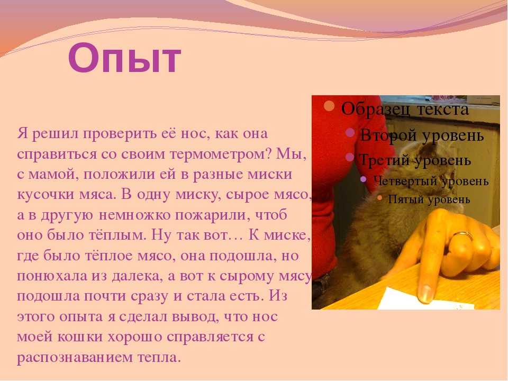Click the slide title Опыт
point(124,58)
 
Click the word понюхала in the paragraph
point(52,276)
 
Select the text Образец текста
point(405,109)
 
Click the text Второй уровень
point(422,135)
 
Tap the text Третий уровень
point(415,160)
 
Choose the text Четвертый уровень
point(431,181)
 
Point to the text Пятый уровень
point(429,199)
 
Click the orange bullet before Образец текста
point(329,106)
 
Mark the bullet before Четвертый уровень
point(363,179)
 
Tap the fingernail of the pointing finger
point(425,293)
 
